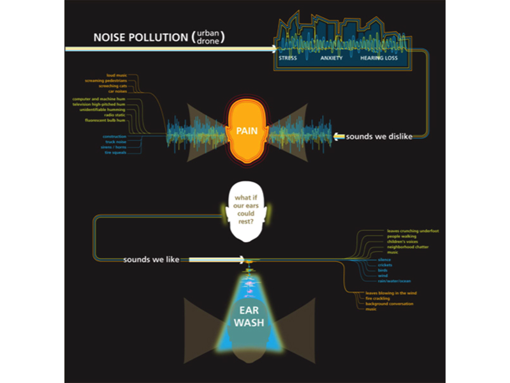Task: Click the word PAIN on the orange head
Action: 246,130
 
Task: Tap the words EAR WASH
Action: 248,317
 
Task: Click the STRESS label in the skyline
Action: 288,58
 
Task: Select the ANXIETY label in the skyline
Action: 331,58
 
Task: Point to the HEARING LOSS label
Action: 380,58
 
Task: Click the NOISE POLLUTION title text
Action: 140,37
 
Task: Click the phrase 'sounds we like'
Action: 152,260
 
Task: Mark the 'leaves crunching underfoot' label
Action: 412,230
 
